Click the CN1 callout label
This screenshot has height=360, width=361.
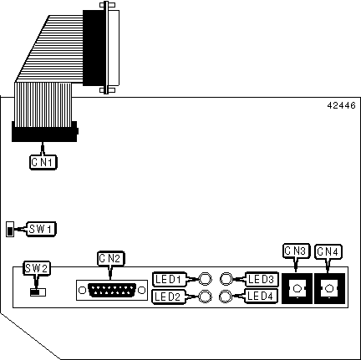43,162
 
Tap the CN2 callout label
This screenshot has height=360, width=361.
110,258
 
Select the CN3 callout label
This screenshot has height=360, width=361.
296,251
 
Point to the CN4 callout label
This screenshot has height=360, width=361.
328,251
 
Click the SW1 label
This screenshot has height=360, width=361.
41,229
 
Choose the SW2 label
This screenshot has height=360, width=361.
37,268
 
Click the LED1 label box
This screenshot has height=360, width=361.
170,279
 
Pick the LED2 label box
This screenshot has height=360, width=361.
168,297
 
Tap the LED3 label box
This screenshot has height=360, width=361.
262,279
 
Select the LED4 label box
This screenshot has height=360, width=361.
262,297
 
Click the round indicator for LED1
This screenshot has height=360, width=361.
205,279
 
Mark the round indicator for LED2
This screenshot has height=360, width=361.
205,297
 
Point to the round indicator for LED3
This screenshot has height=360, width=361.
226,279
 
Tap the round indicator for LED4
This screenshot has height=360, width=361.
226,297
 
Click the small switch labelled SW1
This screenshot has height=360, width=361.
10,229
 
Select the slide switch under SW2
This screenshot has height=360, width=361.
38,292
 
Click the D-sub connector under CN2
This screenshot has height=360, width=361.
112,290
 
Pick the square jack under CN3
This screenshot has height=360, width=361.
297,288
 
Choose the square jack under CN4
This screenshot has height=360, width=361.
329,288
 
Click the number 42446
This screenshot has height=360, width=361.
341,105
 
